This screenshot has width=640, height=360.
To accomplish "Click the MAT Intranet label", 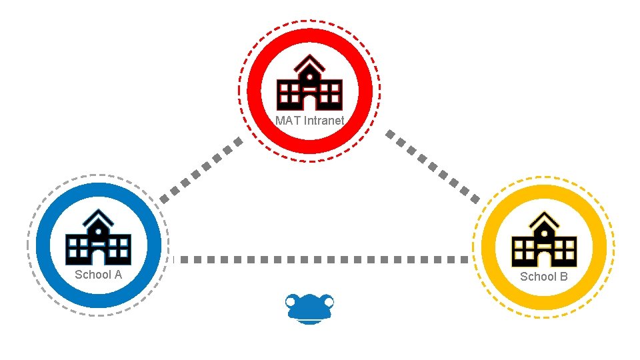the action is (x=310, y=121).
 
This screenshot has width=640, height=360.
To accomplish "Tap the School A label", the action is (x=98, y=275).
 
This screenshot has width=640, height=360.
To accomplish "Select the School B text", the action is (x=543, y=276).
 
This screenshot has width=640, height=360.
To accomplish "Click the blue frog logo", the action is (x=309, y=308).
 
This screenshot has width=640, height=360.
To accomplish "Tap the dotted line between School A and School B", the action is (x=320, y=259).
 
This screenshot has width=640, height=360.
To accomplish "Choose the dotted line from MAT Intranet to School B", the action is (x=433, y=166).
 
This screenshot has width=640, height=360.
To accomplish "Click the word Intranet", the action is (x=324, y=121).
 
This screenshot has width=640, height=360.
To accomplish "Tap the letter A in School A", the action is (x=117, y=275).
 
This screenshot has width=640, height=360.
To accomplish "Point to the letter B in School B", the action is (x=563, y=276).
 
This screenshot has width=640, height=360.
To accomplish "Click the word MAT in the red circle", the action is (x=288, y=121).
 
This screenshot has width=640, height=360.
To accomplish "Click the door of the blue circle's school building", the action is (x=98, y=257).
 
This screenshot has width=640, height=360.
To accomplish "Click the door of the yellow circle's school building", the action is (x=543, y=258).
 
